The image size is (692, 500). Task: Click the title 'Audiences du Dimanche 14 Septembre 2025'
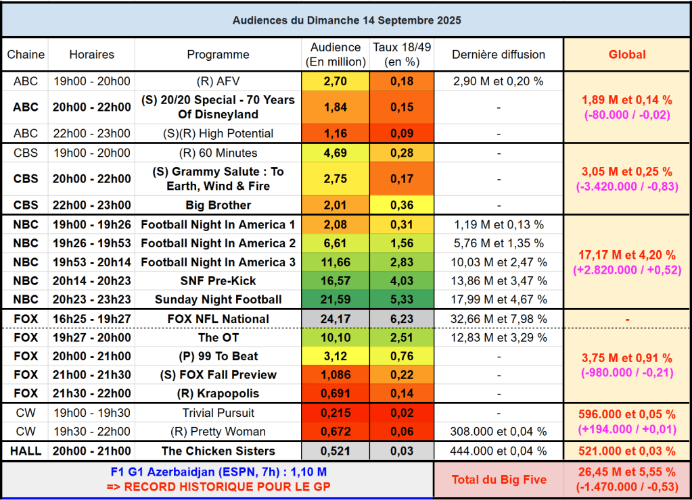coord(346,20)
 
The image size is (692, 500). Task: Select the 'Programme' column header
coord(218,55)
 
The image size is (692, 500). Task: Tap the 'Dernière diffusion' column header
coord(498,55)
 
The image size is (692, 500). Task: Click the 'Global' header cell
coord(627,55)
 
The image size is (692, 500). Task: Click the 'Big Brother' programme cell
coord(218,205)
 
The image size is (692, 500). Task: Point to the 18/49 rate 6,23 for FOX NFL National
coord(401,319)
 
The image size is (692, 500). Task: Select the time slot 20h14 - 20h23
coord(91,280)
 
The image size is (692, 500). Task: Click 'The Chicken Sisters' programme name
coord(218,451)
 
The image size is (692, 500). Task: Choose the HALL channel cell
coord(25,451)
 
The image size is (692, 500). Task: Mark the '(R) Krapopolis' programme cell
coord(218,393)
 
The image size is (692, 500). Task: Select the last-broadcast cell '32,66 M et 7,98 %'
coord(498,319)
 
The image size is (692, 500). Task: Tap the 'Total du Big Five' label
coord(498,480)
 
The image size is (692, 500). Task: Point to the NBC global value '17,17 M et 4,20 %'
coord(627,255)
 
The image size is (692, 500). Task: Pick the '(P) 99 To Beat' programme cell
coord(218,356)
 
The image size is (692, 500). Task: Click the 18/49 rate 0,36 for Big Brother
coord(401,205)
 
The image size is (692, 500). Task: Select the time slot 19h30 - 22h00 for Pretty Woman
coord(91,432)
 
